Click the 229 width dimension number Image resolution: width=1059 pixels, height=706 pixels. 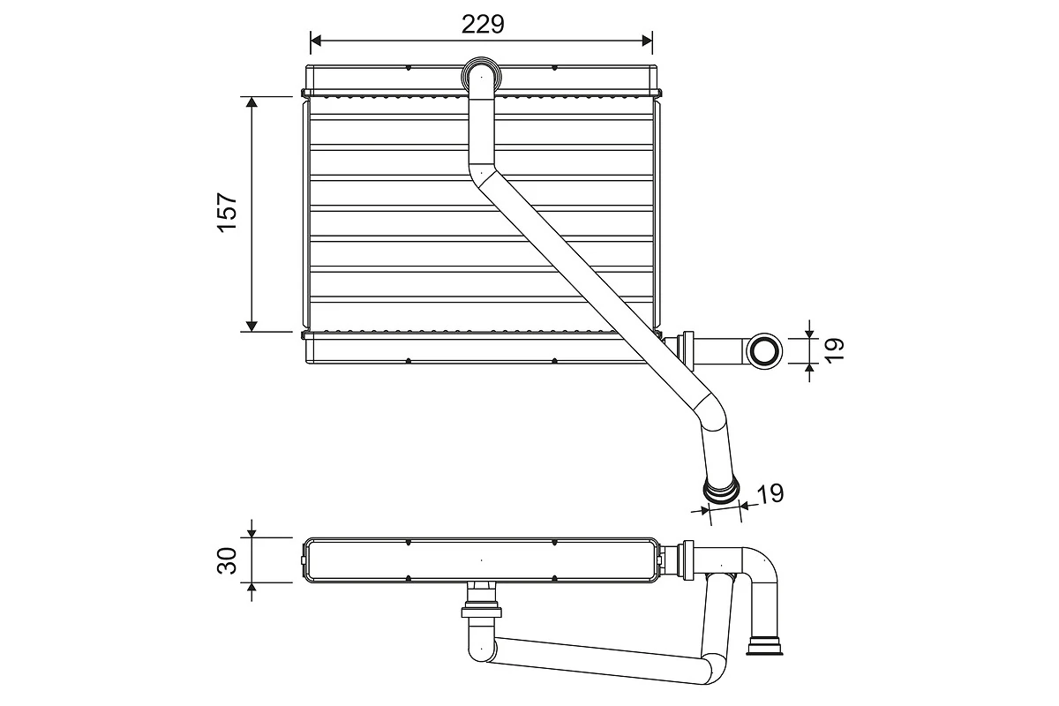coord(483,24)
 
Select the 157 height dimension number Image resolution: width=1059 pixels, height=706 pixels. coord(229,213)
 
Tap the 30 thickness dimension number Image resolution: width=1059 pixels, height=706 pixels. coord(229,560)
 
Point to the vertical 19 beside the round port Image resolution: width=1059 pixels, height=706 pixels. coord(836,350)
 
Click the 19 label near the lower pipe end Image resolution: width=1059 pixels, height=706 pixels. coord(770,492)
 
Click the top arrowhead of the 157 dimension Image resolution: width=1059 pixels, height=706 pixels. coord(252,102)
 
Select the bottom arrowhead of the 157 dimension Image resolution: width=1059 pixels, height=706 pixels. coord(252,326)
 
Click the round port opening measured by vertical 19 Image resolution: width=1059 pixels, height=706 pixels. coord(763,351)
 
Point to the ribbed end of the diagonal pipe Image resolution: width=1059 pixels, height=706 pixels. coord(720,490)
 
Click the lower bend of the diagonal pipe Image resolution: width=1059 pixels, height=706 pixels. coord(710,417)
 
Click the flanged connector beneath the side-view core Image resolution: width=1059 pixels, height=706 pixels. coord(481,610)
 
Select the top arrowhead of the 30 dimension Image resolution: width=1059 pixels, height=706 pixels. coord(252,531)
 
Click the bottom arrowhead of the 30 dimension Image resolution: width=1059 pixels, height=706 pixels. coord(252,589)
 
